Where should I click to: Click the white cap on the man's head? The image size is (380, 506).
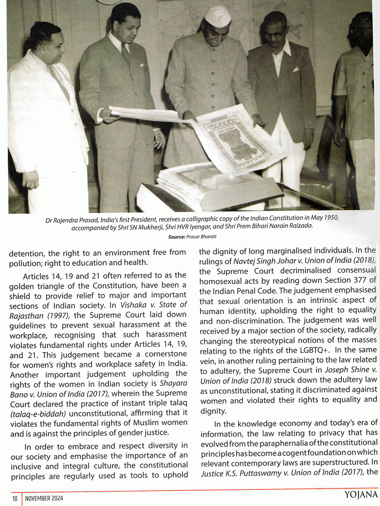click(216, 17)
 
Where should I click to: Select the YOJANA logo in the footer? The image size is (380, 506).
click(361, 495)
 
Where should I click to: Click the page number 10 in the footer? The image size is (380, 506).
click(15, 498)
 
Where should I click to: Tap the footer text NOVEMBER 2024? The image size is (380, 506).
click(44, 498)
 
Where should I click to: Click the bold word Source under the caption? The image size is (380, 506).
click(177, 237)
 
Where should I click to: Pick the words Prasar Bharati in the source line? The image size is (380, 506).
click(201, 237)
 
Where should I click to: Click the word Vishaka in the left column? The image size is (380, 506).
click(134, 305)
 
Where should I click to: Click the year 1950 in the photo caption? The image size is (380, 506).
click(331, 218)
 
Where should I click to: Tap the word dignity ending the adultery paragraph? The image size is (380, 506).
click(213, 411)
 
